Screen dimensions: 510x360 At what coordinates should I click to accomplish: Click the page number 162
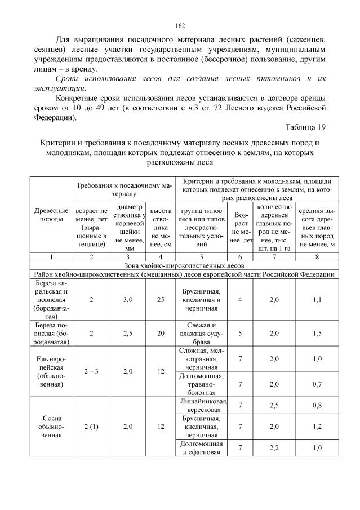[x=180, y=25]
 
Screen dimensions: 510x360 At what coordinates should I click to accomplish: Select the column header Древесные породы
[x=51, y=214]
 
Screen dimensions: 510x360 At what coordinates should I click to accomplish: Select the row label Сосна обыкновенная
[x=51, y=427]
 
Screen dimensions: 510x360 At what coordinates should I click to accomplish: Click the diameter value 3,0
[x=127, y=300]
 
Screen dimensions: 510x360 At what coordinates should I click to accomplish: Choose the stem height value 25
[x=161, y=300]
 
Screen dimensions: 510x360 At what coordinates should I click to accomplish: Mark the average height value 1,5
[x=317, y=333]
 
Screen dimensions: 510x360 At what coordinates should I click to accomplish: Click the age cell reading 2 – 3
[x=91, y=372]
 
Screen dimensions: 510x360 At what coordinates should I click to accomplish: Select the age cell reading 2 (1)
[x=91, y=427]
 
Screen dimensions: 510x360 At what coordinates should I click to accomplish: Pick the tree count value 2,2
[x=274, y=447]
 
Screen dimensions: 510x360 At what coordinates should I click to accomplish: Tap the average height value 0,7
[x=317, y=384]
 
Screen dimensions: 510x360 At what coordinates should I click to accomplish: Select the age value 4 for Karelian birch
[x=240, y=300]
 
